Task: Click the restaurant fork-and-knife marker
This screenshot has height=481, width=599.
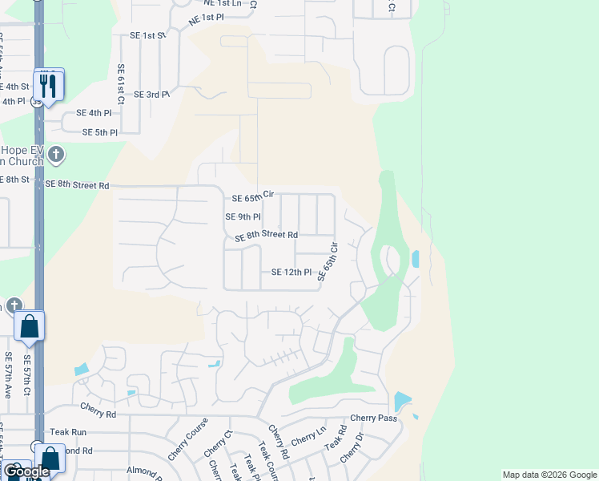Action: click(50, 83)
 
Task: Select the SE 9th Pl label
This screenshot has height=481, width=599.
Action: click(243, 217)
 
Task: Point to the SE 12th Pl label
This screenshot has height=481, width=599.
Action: click(291, 273)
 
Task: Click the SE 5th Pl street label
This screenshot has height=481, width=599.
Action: click(97, 132)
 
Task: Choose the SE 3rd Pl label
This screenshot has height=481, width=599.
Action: click(151, 95)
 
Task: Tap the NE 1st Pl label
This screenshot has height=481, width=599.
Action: click(207, 17)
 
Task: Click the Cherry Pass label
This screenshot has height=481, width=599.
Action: click(373, 418)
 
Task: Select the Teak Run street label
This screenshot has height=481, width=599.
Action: click(68, 432)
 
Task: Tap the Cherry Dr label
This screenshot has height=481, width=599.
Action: click(352, 447)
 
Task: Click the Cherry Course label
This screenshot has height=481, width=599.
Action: click(177, 439)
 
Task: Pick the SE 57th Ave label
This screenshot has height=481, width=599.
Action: click(9, 377)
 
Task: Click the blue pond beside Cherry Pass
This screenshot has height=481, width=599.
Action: click(402, 401)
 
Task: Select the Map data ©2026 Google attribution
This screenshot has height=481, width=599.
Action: click(549, 475)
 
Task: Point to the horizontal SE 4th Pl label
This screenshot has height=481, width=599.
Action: click(94, 113)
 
